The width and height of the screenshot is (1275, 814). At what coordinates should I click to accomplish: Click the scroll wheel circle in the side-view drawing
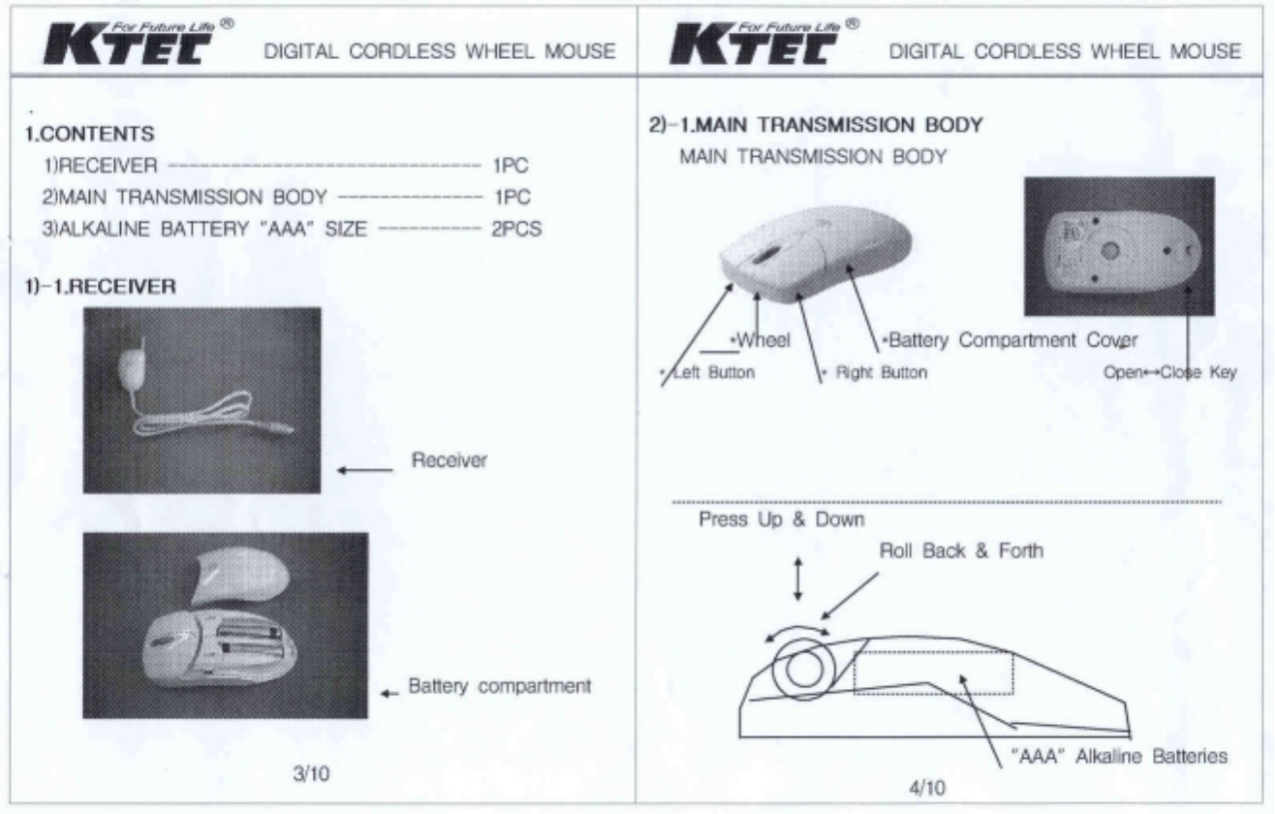pos(805,667)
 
